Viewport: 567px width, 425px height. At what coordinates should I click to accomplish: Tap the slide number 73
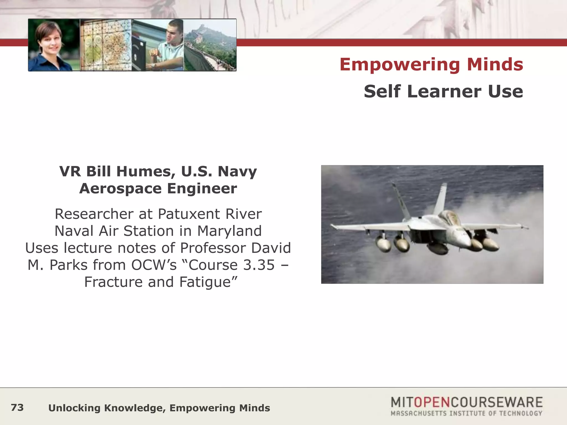coord(17,408)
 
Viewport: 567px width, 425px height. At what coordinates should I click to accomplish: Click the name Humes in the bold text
coord(146,171)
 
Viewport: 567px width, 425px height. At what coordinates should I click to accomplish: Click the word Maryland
coord(230,231)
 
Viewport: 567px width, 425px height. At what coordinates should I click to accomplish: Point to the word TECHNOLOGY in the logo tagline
coord(520,413)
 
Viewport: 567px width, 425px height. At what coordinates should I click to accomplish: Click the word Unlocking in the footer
coord(74,408)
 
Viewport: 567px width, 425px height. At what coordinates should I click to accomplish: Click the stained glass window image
coord(106,45)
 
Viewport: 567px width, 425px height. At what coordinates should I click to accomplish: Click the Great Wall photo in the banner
coord(210,45)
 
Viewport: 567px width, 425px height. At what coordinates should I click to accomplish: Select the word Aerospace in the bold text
coord(120,189)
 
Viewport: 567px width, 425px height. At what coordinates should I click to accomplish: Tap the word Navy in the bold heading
coord(237,171)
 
